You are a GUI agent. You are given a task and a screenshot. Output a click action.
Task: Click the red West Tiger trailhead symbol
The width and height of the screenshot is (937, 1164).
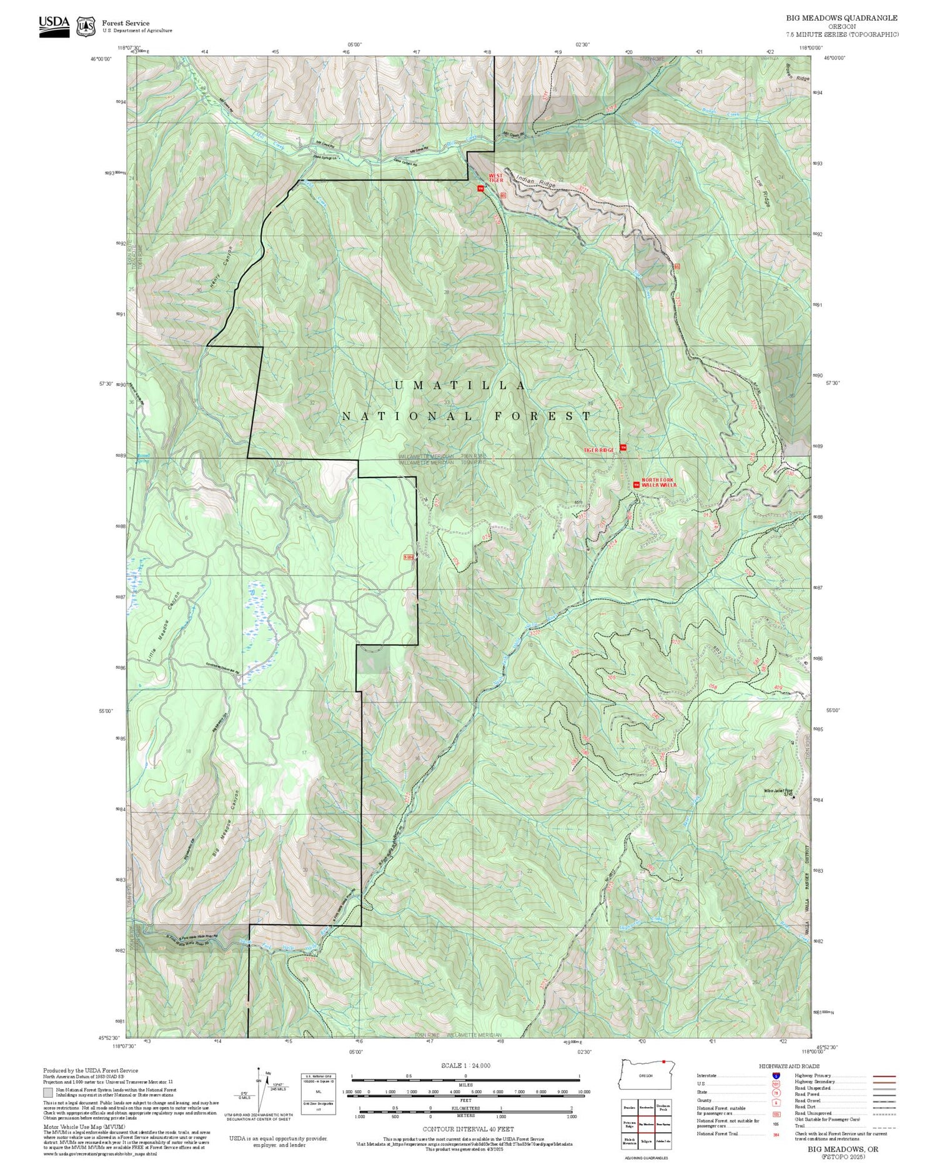[x=480, y=188]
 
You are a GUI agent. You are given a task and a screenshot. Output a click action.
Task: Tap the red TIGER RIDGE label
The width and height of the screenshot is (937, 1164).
[x=599, y=450]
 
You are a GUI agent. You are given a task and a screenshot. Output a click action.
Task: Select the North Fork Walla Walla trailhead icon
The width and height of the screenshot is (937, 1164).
[x=637, y=484]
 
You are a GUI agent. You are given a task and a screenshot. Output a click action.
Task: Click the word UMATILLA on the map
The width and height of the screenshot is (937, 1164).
[x=460, y=386]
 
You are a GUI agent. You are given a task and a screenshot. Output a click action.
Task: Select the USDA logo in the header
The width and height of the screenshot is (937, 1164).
[x=54, y=26]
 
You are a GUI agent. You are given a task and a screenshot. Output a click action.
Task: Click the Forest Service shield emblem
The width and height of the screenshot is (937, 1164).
[x=86, y=27]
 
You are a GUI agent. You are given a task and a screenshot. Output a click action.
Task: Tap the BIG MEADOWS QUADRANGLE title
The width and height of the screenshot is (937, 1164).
[x=841, y=18]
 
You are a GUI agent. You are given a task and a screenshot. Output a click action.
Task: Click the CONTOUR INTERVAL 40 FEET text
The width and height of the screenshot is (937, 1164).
[x=468, y=1129]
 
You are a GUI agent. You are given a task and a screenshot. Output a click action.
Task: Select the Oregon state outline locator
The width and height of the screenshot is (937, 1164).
[x=645, y=1074]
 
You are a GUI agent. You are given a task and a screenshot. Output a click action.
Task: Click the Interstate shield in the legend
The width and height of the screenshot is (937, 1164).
[x=776, y=1075]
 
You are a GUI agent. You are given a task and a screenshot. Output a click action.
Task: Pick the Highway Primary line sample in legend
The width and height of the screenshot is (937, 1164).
[x=881, y=1076]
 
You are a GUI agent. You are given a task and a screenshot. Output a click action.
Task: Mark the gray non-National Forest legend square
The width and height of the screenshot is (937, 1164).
[x=47, y=1093]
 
